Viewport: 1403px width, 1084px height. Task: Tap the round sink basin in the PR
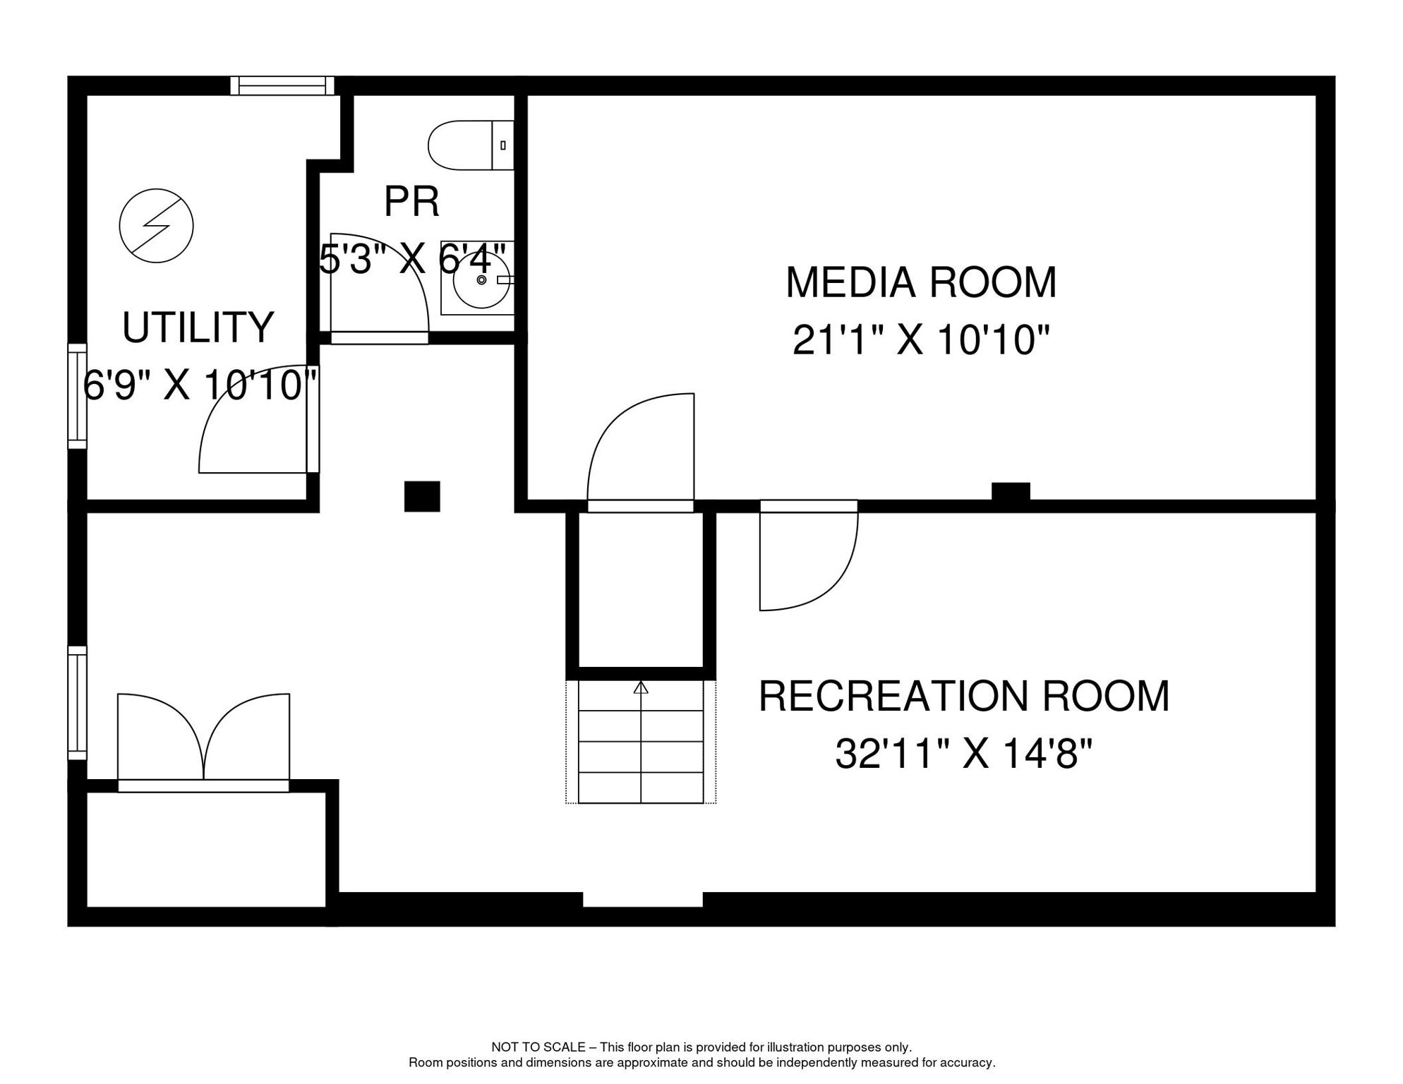point(481,280)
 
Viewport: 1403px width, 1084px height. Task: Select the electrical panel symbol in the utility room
point(156,226)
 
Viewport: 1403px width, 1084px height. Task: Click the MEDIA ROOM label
point(920,282)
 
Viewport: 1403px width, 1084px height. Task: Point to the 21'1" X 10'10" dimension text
point(920,340)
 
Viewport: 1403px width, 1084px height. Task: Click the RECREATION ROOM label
point(963,696)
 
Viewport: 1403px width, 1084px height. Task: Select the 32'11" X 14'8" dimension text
point(963,754)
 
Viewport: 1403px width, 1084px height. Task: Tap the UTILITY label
point(198,327)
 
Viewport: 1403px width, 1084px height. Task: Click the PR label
point(411,202)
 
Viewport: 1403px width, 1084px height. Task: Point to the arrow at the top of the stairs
point(640,687)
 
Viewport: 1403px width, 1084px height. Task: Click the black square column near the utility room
point(422,496)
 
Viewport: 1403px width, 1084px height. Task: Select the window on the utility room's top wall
point(282,86)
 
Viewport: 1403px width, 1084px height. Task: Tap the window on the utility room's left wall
point(77,396)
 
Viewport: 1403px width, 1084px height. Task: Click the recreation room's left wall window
point(77,703)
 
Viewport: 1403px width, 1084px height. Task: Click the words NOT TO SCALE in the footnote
point(538,1047)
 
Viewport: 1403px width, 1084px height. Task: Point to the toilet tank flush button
point(502,145)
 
